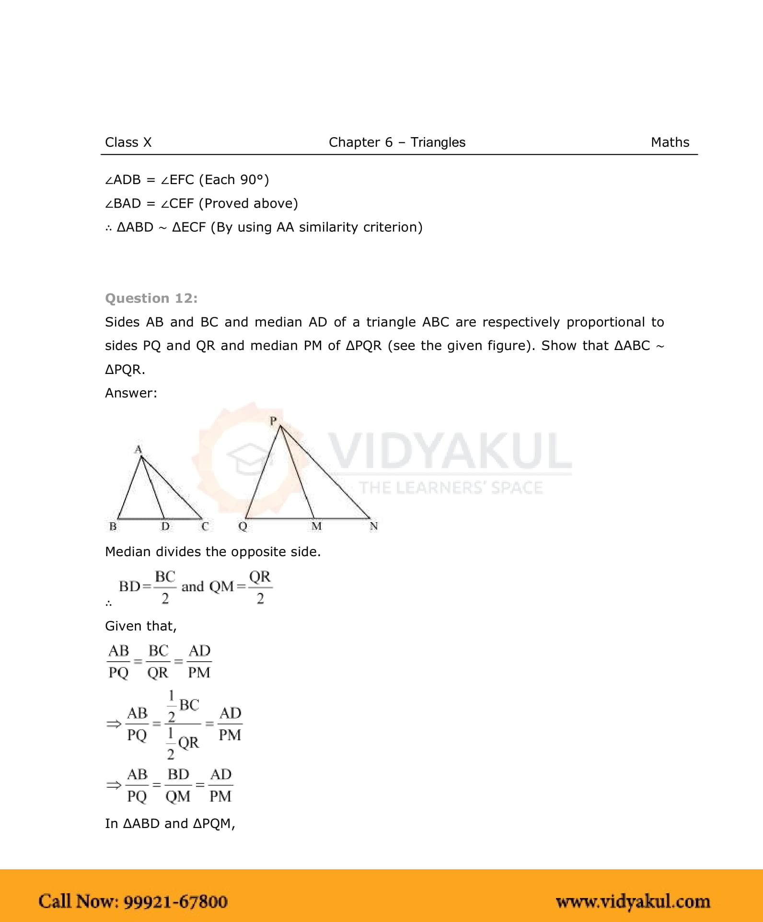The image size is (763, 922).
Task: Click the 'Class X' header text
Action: coord(128,142)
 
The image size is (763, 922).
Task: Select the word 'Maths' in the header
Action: coord(670,142)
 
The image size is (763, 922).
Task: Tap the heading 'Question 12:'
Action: coord(151,298)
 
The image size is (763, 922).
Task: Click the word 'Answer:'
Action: coord(131,393)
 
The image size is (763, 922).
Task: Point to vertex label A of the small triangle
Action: coord(138,449)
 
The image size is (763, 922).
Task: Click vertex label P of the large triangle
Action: coord(273,420)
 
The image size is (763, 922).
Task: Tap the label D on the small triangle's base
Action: coord(165,526)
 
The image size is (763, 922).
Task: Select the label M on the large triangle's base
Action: coord(316,526)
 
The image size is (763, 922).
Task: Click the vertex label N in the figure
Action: coord(374,526)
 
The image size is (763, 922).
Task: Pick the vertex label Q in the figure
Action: coord(243,526)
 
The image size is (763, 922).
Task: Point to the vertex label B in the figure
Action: coord(113,526)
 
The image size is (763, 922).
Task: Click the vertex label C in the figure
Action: coord(205,526)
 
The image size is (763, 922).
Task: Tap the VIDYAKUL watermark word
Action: coord(450,451)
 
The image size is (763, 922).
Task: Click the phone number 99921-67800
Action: coord(175,902)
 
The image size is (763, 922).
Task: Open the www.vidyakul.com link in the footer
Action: coord(633,902)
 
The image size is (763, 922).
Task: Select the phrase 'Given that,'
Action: coord(141,626)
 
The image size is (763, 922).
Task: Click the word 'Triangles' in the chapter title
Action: coord(438,142)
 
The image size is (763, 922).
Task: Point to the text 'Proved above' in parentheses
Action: coord(248,203)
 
